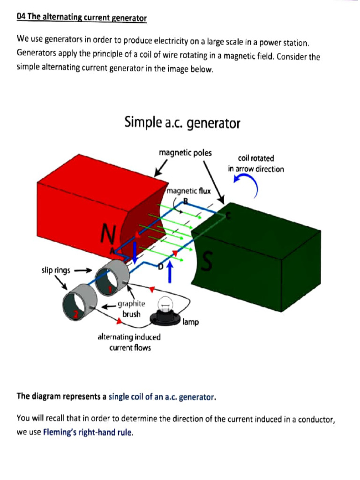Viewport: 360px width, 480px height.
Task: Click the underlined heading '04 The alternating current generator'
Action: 82,18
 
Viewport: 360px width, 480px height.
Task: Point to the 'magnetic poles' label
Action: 185,153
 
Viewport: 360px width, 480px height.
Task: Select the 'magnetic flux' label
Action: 189,191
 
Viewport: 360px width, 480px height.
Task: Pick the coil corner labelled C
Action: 228,215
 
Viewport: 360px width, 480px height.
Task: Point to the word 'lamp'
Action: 191,322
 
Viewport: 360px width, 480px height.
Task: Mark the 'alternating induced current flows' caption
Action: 129,342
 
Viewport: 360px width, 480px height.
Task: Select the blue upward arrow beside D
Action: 170,272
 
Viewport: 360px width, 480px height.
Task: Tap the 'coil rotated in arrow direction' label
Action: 256,164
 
